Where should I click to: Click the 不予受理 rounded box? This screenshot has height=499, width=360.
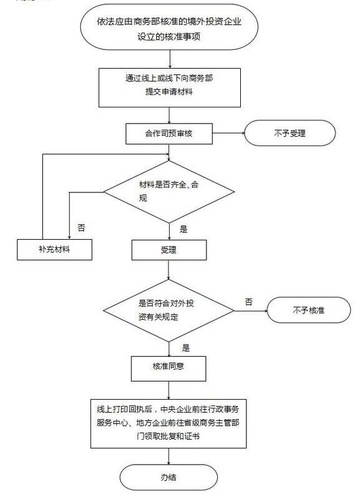point(288,133)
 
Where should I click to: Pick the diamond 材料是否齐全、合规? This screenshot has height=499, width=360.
point(168,190)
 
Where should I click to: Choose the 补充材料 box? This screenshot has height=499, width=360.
point(55,250)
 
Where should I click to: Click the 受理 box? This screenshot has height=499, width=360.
point(168,250)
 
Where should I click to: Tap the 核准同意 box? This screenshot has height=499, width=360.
point(168,367)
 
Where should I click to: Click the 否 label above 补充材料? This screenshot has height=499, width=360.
point(82,227)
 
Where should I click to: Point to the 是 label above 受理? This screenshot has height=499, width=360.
point(183,229)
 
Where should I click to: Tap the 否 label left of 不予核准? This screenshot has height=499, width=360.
point(248,302)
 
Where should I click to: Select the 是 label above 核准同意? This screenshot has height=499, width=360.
point(185,348)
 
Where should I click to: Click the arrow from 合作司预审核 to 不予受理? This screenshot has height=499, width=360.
point(228,133)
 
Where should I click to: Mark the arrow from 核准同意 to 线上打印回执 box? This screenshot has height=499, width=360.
point(168,390)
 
